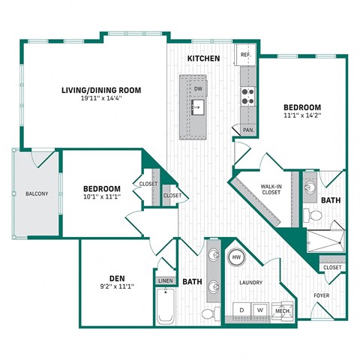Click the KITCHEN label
[x=203, y=58]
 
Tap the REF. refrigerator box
[x=246, y=55]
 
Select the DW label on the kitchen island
[x=199, y=88]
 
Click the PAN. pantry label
[x=248, y=130]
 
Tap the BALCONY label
[x=37, y=193]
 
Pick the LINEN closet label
[x=164, y=281]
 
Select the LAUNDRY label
[x=250, y=283]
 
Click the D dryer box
[x=241, y=309]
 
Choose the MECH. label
[x=282, y=310]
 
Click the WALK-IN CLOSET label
[x=271, y=188]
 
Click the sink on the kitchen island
[x=198, y=107]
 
